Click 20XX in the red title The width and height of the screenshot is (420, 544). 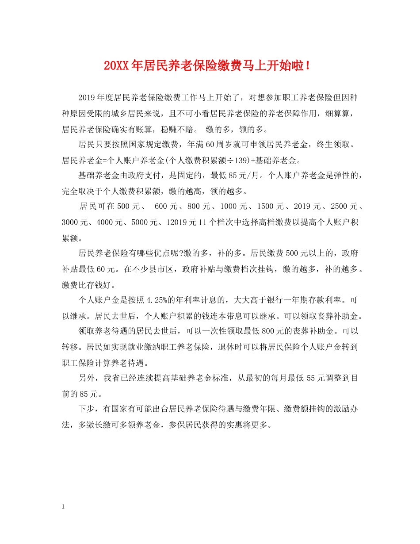pos(116,66)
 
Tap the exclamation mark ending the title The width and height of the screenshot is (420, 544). pos(307,66)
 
